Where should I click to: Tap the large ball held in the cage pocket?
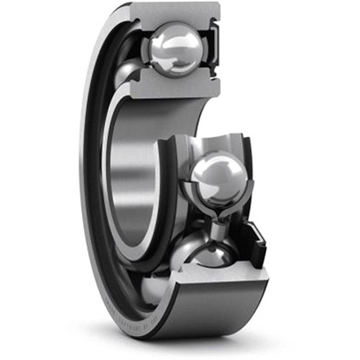(218, 178)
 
